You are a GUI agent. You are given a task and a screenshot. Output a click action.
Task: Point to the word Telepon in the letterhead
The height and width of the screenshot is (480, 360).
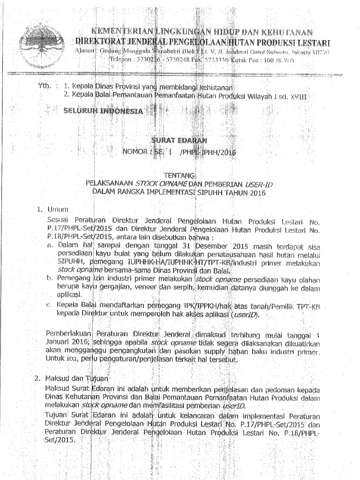[x=121, y=60]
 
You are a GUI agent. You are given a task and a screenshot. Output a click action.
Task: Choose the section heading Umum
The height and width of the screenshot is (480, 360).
[x=57, y=209]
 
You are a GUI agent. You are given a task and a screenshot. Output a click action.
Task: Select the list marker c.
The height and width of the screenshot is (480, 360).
[x=48, y=306]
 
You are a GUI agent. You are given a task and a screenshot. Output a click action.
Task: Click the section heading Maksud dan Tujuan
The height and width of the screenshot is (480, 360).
[x=77, y=378]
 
